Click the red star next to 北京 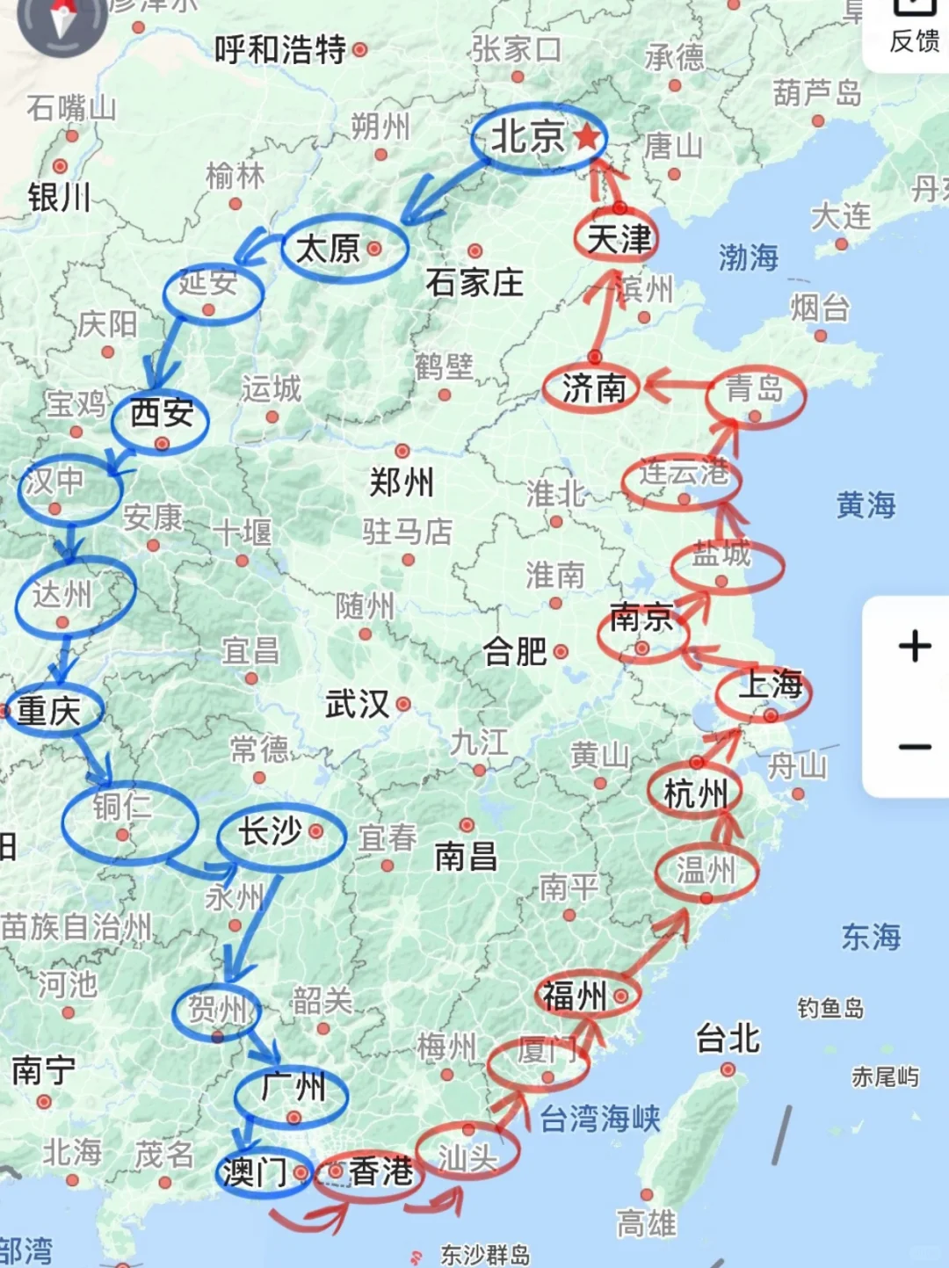(587, 137)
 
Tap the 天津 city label (619, 238)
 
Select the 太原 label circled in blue (328, 249)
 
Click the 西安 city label (162, 412)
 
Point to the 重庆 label (49, 710)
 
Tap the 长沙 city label (271, 830)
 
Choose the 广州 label (293, 1087)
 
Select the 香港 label (380, 1171)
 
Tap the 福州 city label (575, 996)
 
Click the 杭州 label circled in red (695, 794)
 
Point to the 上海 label (770, 685)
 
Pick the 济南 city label (594, 388)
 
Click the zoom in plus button (914, 646)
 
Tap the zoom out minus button (914, 747)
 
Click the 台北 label (727, 1039)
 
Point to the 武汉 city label (357, 704)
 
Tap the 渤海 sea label (748, 257)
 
